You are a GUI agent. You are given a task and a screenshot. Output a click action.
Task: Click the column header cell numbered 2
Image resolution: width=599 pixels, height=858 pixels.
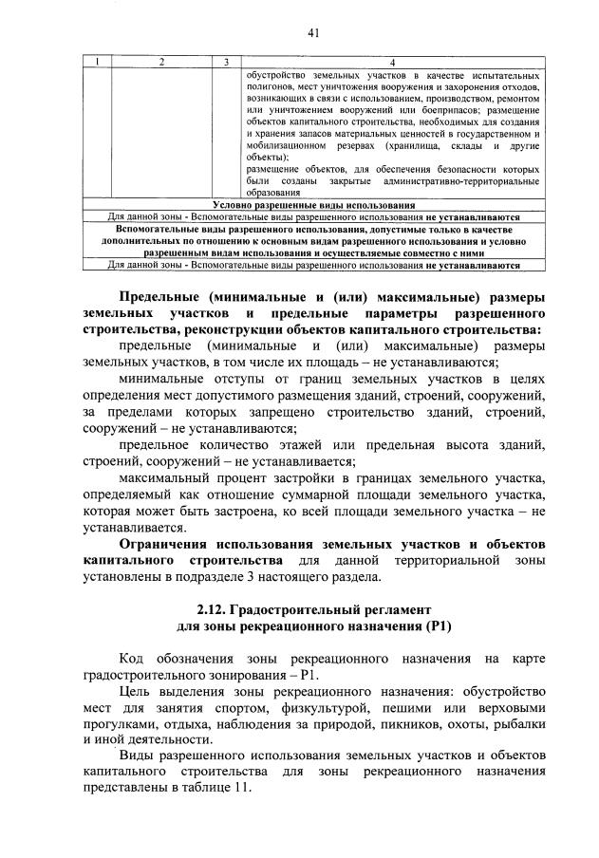pos(161,62)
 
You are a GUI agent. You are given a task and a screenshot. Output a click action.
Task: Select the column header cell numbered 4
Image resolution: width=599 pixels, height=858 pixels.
pos(393,62)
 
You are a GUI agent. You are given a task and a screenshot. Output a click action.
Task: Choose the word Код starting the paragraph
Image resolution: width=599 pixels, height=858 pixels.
pos(133,659)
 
